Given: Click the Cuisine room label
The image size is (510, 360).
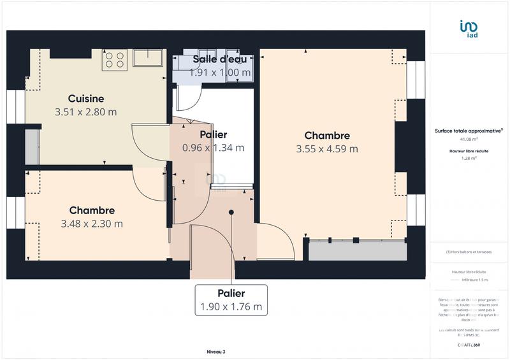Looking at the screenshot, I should (86, 99).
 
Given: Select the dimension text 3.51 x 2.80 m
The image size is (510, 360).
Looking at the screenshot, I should (86, 112).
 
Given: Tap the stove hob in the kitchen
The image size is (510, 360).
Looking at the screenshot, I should (115, 60).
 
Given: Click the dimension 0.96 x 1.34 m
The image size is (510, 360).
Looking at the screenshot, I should (213, 148).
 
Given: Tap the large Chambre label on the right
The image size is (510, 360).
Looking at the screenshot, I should (327, 136).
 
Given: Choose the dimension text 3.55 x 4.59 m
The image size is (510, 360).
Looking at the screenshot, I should (327, 149).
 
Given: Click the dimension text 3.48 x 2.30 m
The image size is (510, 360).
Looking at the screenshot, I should (92, 224).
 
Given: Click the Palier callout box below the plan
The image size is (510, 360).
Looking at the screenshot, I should (231, 299).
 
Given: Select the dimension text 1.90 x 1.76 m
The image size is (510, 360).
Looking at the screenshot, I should (231, 306).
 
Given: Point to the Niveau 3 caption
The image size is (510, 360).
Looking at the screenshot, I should (215, 352).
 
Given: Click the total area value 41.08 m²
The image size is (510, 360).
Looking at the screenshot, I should (469, 139).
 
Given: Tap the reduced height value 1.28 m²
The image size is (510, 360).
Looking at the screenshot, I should (469, 159).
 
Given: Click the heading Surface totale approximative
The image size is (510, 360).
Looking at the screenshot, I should (469, 131).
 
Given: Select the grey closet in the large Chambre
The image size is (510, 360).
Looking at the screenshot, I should (357, 250).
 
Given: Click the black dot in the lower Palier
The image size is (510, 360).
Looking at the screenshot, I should (231, 212).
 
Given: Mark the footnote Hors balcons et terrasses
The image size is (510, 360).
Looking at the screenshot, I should (469, 252).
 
